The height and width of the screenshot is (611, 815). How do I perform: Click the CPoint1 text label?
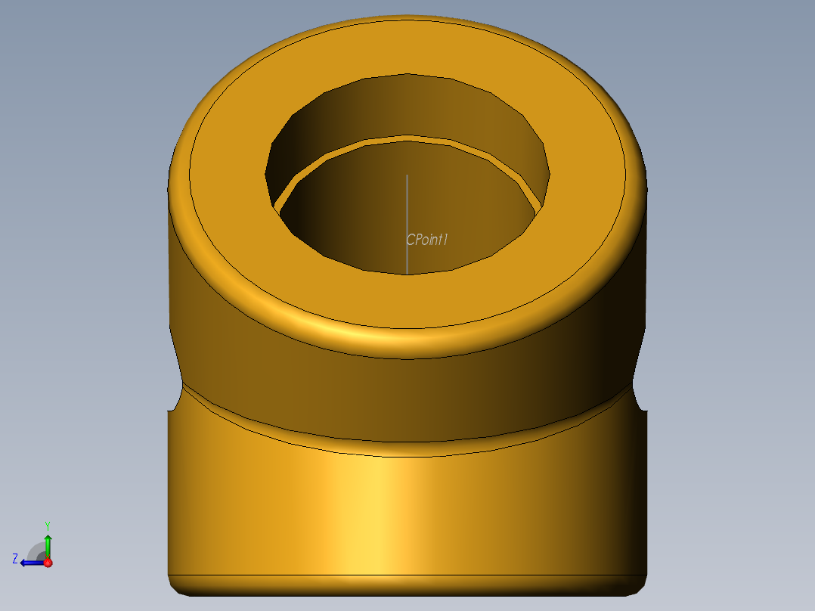(428, 240)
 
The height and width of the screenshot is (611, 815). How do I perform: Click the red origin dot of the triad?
(48, 563)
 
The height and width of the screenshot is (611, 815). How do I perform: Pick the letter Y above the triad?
(47, 525)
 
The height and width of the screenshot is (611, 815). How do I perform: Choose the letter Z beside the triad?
(15, 559)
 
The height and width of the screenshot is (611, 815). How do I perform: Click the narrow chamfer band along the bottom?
(408, 584)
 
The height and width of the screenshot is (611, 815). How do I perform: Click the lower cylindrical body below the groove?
(408, 514)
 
